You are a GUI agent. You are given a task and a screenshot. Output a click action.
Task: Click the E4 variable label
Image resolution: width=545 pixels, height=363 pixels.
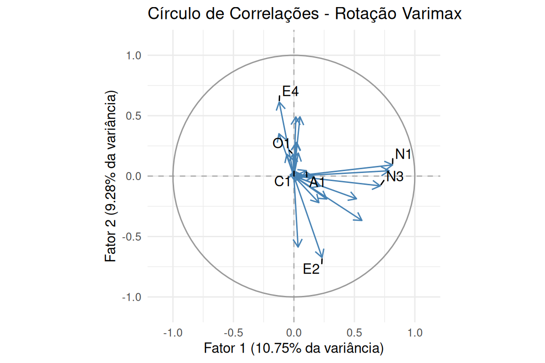coord(290,91)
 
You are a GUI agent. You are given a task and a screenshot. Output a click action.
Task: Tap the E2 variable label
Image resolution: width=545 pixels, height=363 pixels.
coord(311,269)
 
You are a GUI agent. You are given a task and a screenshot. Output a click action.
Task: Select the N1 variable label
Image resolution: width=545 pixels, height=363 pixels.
coord(404,154)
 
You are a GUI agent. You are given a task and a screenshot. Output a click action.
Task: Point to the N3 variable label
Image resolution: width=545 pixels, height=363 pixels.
coord(395,177)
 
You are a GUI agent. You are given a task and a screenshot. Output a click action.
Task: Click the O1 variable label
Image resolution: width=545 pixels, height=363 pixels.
coord(281,143)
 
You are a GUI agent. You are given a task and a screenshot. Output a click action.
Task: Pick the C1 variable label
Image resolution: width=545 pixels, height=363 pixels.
coord(282,181)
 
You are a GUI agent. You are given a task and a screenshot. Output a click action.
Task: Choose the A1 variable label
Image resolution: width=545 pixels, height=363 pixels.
coord(317,182)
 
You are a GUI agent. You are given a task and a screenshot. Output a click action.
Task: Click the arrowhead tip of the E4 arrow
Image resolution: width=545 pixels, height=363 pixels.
coord(279,102)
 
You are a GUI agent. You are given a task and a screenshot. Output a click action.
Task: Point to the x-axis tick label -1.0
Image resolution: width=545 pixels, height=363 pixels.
coord(173,333)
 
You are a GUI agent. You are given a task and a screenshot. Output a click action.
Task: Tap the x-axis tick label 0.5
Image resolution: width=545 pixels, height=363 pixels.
coord(354,333)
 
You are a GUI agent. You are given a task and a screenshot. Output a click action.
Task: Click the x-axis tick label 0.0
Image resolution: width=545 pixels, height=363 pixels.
coord(294,333)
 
